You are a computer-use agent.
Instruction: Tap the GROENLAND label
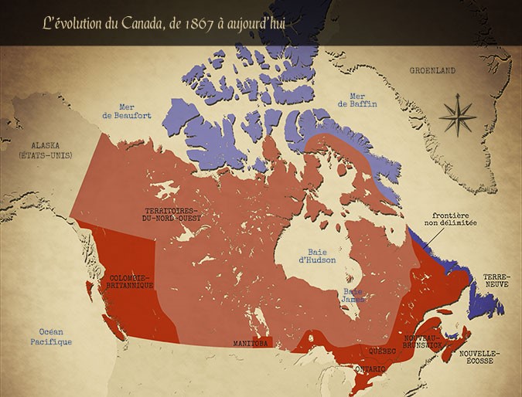tap(433, 70)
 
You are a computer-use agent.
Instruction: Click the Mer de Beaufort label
tap(127, 111)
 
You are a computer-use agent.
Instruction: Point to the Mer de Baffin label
tap(357, 100)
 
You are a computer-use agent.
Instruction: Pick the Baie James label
tap(353, 295)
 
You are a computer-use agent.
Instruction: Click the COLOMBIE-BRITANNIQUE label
tap(131, 281)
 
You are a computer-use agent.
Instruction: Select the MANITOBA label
tap(251, 341)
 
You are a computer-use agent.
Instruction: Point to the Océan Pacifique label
tap(51, 337)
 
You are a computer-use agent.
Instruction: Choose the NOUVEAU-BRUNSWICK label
tap(423, 342)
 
